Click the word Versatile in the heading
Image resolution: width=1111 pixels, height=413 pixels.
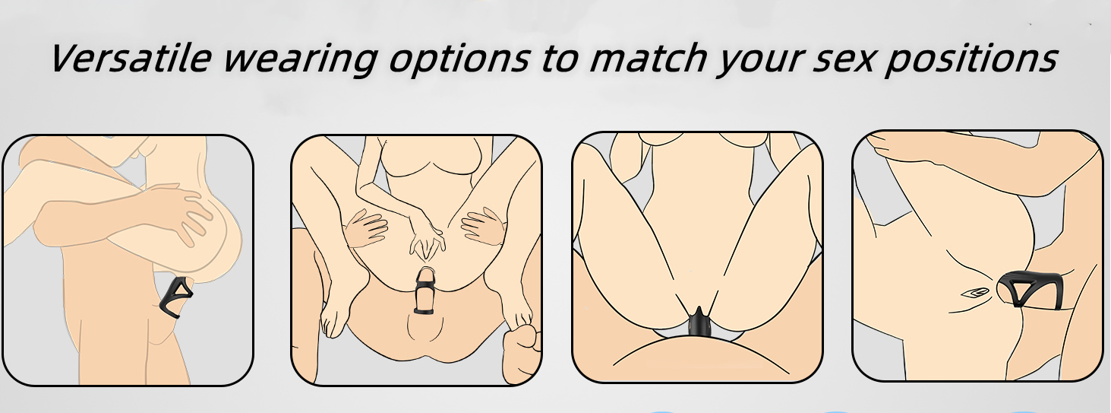[131, 58]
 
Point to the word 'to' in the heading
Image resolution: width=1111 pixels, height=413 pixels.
[560, 59]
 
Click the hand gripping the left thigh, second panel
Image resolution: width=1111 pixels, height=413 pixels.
[366, 228]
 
